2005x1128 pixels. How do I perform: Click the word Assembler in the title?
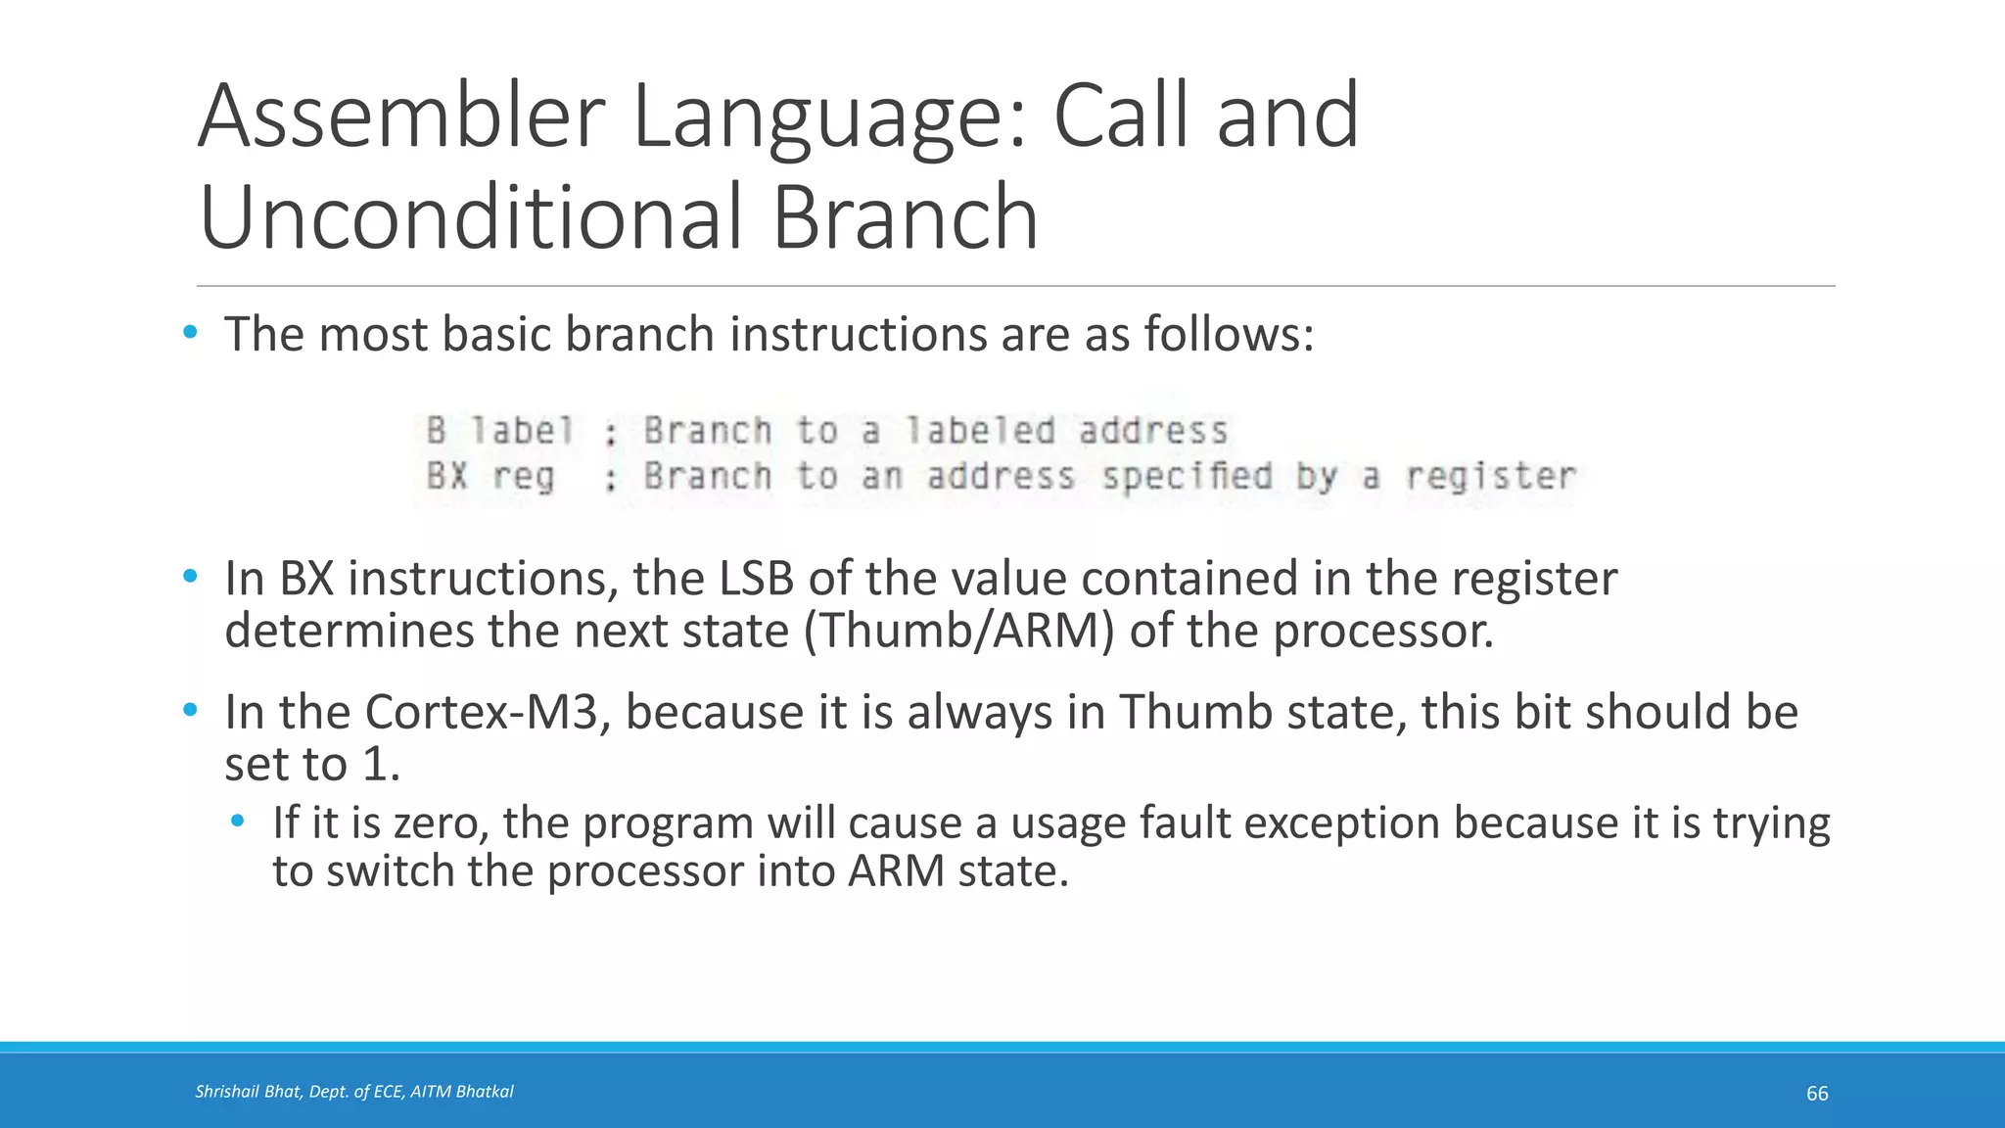coord(401,117)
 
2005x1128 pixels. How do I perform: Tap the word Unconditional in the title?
coord(470,217)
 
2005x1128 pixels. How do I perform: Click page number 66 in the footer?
coord(1817,1094)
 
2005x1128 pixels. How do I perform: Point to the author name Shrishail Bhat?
coord(248,1092)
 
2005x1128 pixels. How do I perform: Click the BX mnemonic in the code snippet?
coord(446,477)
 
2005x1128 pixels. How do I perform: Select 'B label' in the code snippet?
coord(499,431)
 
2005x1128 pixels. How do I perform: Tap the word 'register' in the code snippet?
coord(1490,477)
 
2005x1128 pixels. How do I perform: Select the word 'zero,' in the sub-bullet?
coord(440,822)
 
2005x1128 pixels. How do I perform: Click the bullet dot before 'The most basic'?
coord(190,333)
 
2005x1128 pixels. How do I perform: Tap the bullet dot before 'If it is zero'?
coord(238,820)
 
